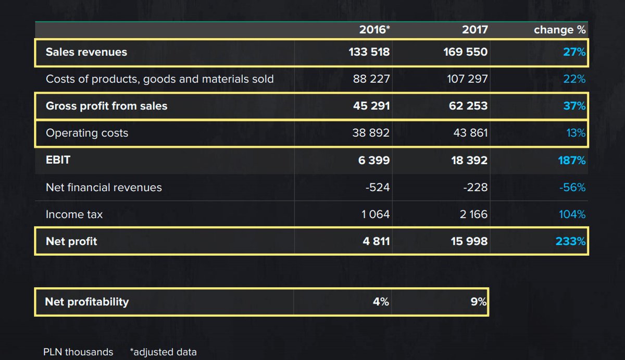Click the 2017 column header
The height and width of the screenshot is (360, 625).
click(475, 30)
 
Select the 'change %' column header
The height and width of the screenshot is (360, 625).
click(560, 30)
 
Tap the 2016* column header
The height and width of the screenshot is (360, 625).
click(374, 30)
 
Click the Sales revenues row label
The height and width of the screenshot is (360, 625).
click(86, 52)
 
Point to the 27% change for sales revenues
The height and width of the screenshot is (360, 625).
click(574, 52)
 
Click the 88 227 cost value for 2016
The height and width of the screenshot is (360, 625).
click(371, 79)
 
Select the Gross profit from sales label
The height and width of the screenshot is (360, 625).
click(107, 106)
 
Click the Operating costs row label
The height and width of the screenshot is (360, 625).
click(87, 133)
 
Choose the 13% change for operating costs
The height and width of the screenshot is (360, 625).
click(576, 133)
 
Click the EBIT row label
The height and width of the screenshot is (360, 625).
click(58, 160)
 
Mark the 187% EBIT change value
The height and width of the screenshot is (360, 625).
click(572, 160)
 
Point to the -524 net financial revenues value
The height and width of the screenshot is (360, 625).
click(378, 188)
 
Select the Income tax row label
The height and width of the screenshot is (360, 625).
click(74, 215)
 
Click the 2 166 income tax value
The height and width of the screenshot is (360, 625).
click(474, 215)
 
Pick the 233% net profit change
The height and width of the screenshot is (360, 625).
click(571, 242)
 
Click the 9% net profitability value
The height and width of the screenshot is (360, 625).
click(479, 302)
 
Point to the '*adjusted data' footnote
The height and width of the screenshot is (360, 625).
click(164, 352)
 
